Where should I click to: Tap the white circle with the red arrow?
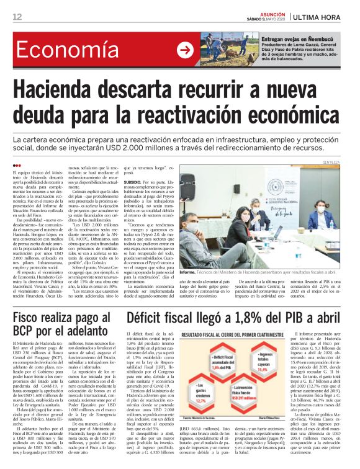tap(184, 50)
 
